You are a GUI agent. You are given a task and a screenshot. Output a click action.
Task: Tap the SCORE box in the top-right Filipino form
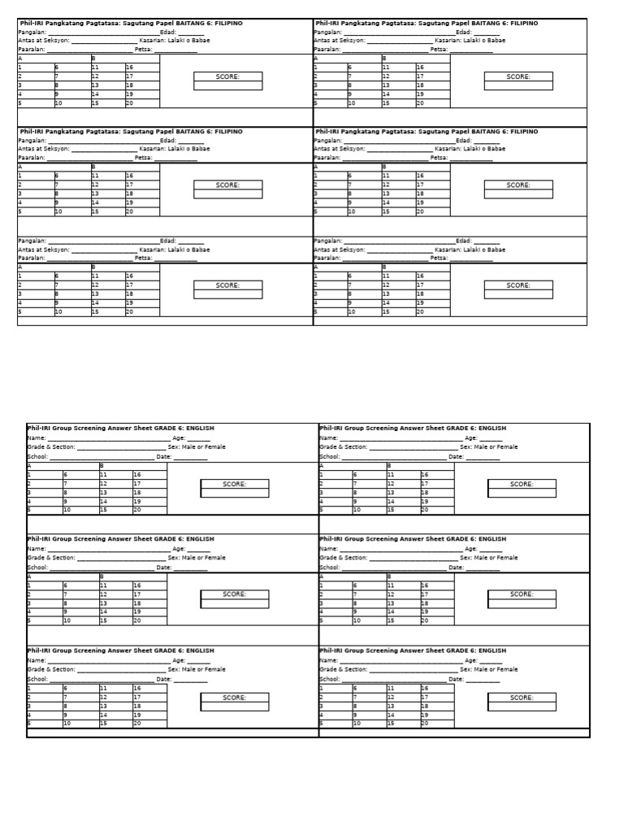518,76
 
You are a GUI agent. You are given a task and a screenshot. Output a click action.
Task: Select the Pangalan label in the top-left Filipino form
32,32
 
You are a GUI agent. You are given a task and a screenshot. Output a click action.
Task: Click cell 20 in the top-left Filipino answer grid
129,103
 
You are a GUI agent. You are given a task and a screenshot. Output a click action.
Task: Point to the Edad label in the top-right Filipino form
463,32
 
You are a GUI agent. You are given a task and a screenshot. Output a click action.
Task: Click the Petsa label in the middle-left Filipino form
143,157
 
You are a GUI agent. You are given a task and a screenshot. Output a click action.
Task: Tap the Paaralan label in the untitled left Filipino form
31,258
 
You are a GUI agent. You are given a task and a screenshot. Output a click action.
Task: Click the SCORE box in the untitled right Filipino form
518,285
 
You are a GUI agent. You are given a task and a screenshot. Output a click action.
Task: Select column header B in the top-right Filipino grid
384,59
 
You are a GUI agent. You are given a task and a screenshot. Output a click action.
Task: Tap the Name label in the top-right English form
327,437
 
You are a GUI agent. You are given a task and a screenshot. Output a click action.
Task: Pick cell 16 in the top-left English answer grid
137,474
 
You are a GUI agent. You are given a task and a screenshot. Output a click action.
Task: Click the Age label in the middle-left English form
178,548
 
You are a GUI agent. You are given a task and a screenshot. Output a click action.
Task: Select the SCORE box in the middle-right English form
522,594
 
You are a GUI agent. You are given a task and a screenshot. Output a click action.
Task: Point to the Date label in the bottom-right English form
456,679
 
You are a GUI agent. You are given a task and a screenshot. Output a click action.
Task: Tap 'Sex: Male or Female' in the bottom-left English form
197,669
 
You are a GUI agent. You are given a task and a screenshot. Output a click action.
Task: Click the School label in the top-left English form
37,456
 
